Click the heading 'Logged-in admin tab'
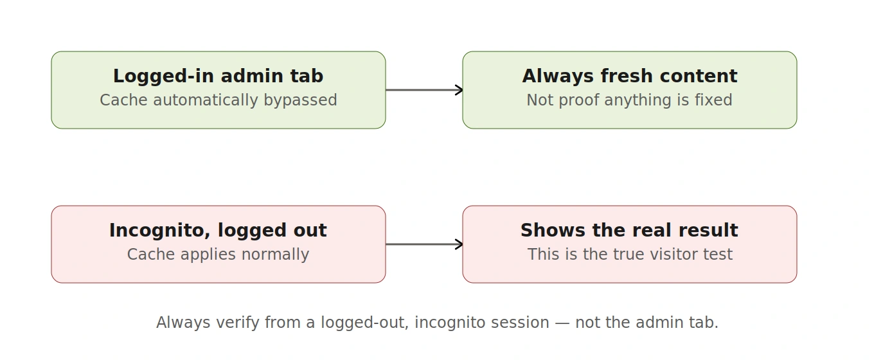coord(218,76)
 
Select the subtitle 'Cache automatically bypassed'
coord(218,100)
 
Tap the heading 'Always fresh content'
coord(630,76)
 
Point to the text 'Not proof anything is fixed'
coord(629,100)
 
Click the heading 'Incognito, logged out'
coord(218,230)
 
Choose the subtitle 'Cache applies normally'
coord(218,255)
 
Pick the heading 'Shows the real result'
coord(629,230)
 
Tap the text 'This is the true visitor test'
coord(630,255)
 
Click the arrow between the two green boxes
coord(424,90)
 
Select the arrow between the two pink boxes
coord(424,244)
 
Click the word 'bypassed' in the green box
coord(301,100)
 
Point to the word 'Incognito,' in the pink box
coord(160,230)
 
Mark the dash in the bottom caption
coord(562,323)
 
